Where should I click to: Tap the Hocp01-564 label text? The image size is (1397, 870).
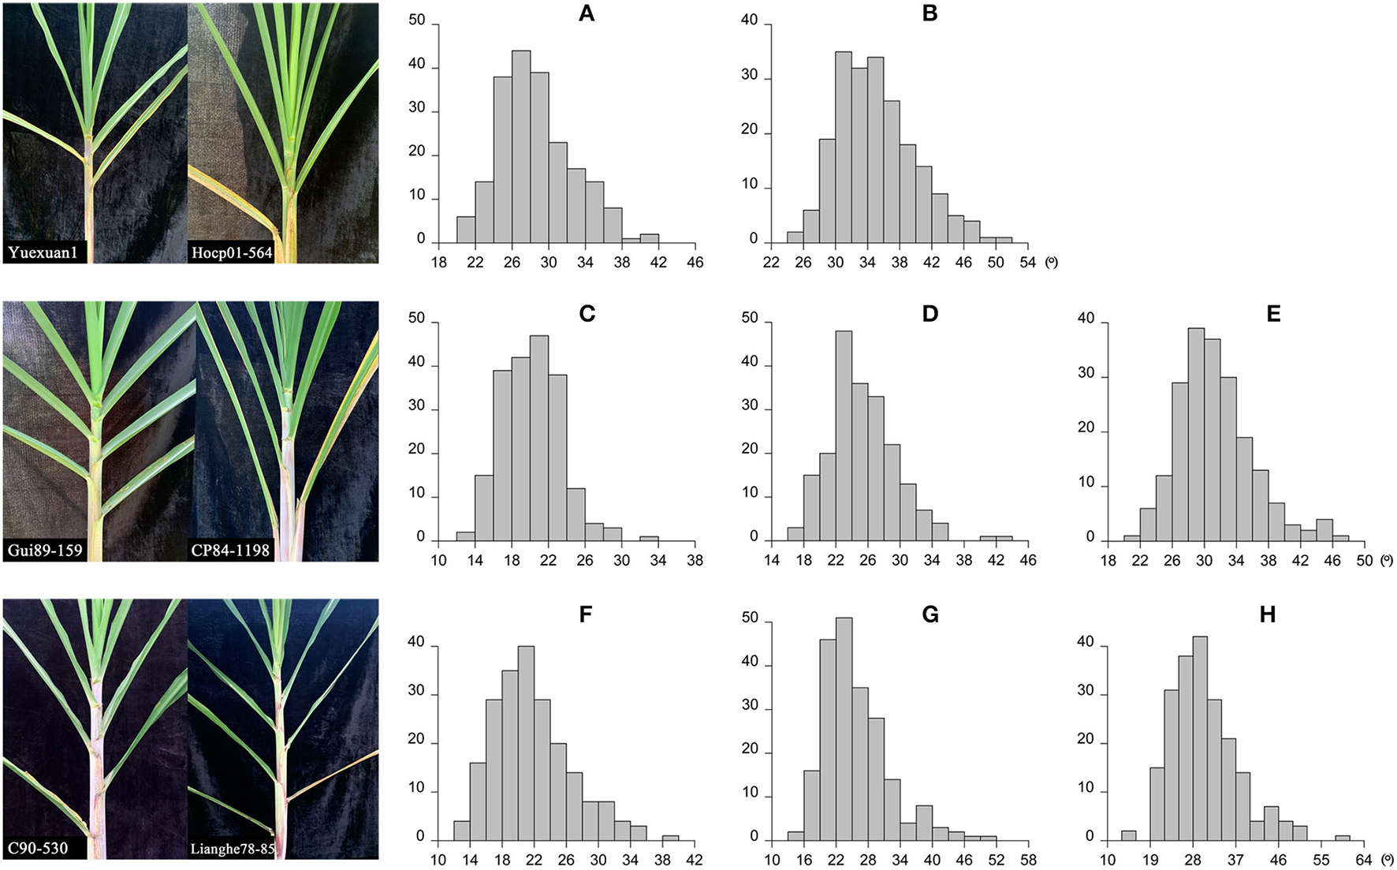click(231, 253)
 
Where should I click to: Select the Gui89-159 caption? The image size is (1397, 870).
click(45, 550)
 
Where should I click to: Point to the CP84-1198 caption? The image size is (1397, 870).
click(231, 550)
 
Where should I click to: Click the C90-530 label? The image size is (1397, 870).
click(38, 849)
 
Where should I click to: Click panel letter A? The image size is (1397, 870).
click(586, 14)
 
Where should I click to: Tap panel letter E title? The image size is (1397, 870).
click(1273, 315)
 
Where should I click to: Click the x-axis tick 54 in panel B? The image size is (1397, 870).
click(1027, 263)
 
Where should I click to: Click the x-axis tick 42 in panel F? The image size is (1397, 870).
click(695, 860)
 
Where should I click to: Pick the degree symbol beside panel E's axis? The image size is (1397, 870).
click(1388, 561)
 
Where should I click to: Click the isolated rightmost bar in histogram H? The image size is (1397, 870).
click(1343, 838)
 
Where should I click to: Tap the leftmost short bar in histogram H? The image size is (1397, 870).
click(1129, 836)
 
